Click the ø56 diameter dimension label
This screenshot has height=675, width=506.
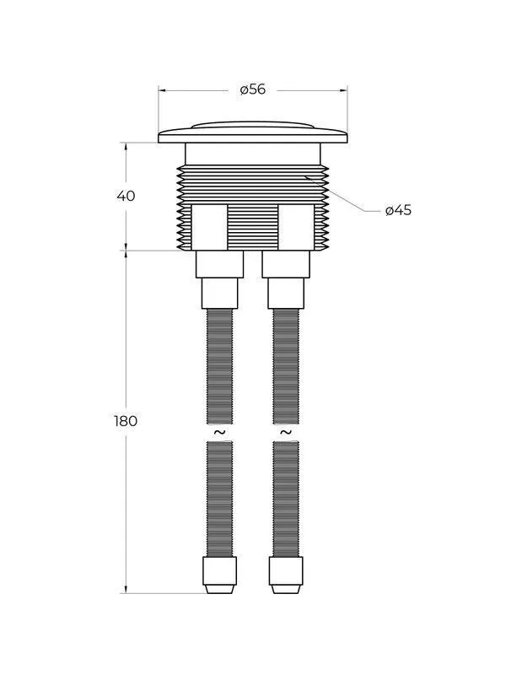click(x=252, y=89)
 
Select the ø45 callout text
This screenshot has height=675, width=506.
click(x=398, y=210)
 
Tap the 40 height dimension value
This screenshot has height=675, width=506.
click(x=126, y=196)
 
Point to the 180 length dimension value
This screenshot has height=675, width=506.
click(x=126, y=420)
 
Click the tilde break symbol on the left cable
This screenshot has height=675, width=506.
click(x=219, y=432)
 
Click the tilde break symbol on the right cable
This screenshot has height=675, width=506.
click(x=286, y=432)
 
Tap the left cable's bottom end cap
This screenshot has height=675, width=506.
click(x=219, y=575)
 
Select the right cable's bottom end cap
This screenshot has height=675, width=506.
click(x=286, y=575)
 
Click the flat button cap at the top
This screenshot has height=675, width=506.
click(x=252, y=132)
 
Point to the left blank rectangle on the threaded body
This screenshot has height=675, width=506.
click(x=209, y=227)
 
